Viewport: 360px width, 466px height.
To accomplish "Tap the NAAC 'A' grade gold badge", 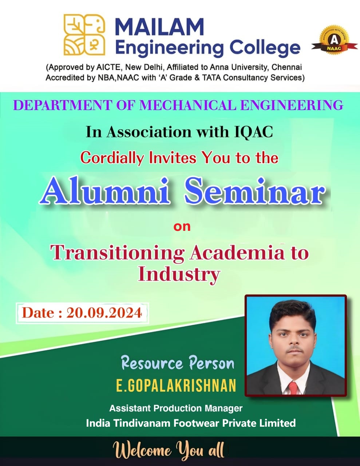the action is point(334,40).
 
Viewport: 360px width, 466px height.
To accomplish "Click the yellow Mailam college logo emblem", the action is point(84,35).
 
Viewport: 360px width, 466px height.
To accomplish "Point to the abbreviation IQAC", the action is point(254,132).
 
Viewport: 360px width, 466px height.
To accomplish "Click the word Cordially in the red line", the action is point(112,158).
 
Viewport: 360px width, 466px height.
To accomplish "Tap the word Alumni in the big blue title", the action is point(105,191).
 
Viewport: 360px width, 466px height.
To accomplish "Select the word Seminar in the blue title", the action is point(255,191).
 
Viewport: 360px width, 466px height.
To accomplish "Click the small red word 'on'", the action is point(182,227).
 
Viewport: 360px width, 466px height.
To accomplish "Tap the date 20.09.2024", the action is point(104,313).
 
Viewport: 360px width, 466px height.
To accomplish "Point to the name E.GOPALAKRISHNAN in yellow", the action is point(176,386).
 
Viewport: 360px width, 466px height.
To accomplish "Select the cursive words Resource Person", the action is point(178,363).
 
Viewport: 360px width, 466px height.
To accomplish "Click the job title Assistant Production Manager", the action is point(176,408).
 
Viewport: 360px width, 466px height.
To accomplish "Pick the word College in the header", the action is point(265,48).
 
